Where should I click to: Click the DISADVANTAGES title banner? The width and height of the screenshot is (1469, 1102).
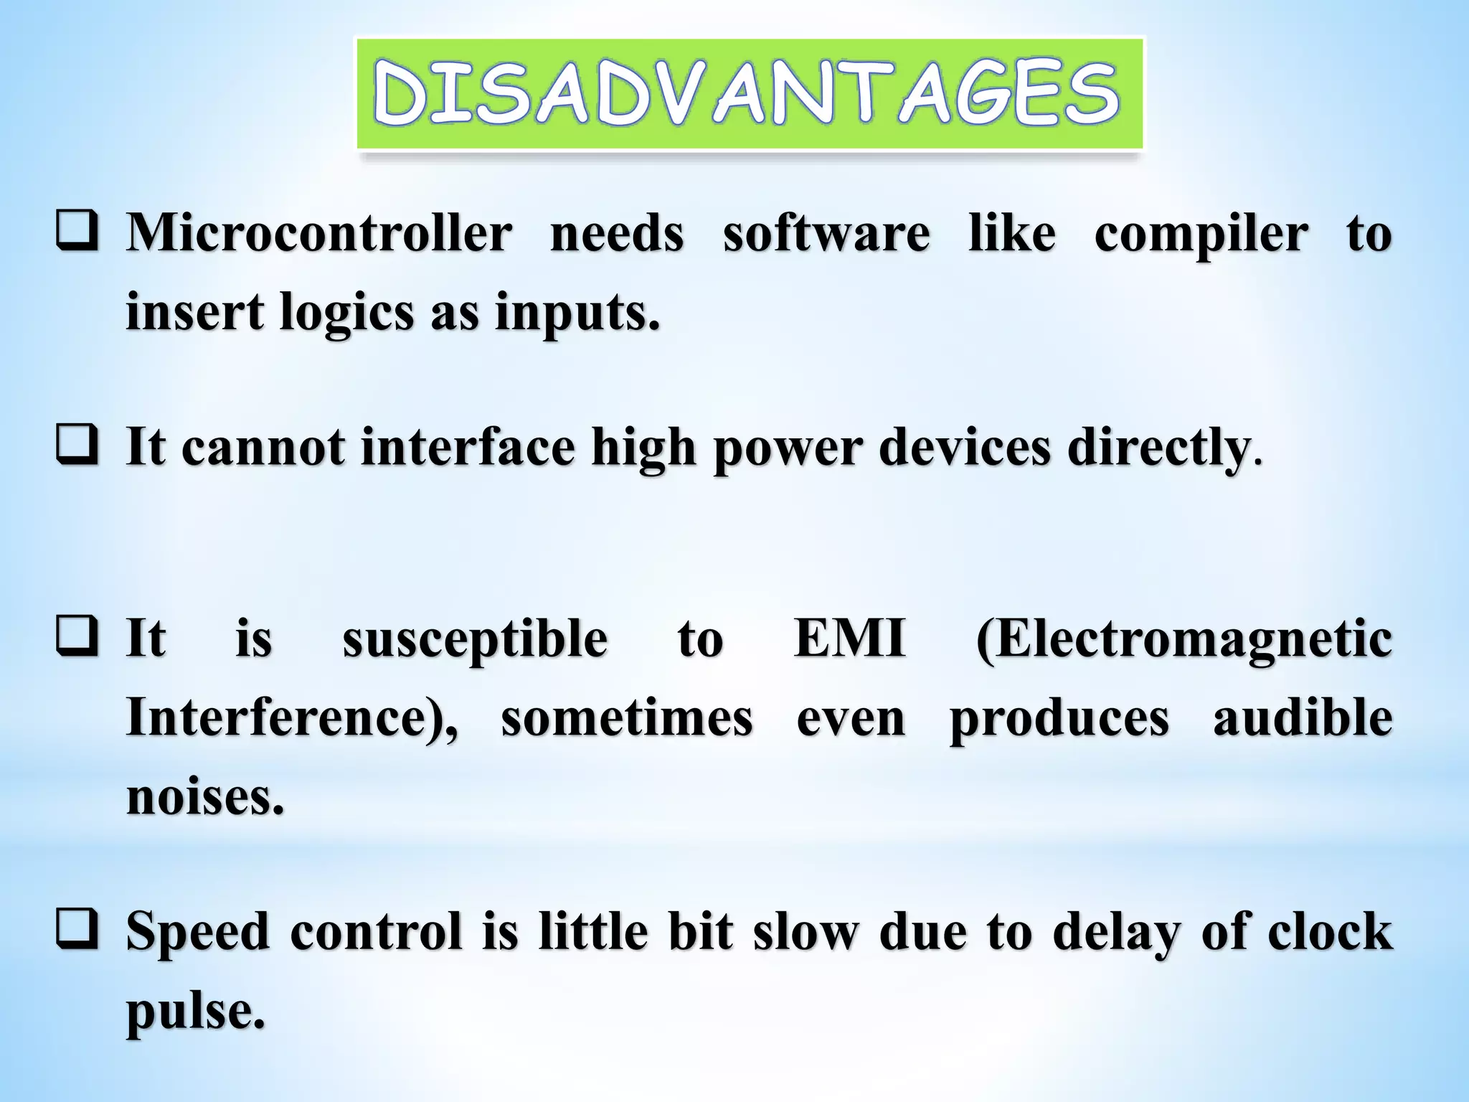coord(749,94)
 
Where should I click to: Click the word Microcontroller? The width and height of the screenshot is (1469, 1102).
coord(319,233)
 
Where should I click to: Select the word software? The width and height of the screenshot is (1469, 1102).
coord(826,233)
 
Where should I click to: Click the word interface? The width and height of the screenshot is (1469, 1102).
coord(467,448)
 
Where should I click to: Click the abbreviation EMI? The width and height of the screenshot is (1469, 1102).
coord(849,639)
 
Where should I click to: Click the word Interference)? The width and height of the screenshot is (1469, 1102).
coord(291,718)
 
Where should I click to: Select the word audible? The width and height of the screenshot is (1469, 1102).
coord(1303,718)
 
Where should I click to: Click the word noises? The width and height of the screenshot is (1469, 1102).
coord(204,796)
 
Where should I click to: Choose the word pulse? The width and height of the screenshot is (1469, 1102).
coord(194,1012)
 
